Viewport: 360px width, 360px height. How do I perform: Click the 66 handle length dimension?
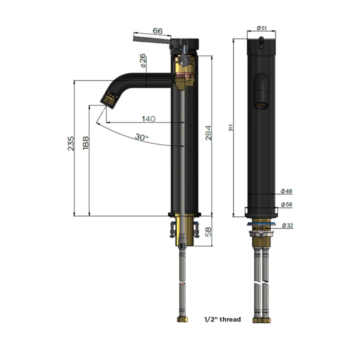(157, 31)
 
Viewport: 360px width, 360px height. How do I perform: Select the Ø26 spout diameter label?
(143, 61)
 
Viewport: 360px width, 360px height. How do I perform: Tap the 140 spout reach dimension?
(148, 119)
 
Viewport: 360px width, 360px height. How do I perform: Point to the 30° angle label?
(141, 136)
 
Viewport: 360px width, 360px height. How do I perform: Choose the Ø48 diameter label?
(286, 191)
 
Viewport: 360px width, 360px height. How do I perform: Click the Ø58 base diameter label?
(286, 204)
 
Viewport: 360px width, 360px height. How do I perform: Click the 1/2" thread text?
(222, 319)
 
